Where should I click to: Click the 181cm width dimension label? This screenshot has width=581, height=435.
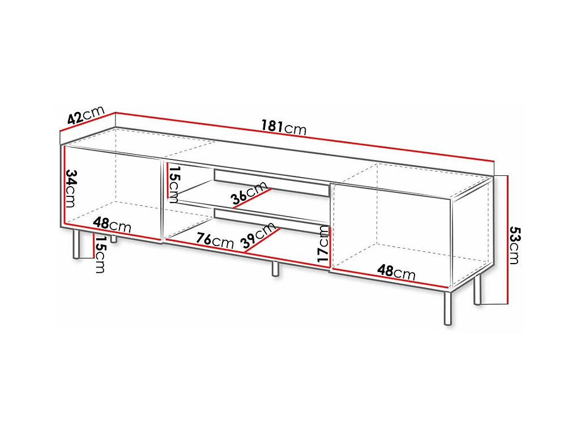tap(283, 127)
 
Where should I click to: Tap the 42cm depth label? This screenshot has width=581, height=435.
tap(86, 116)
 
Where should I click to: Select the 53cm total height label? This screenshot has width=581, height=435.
tap(514, 245)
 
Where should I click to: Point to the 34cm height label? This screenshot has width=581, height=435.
tap(71, 188)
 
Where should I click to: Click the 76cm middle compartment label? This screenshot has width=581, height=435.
tap(215, 240)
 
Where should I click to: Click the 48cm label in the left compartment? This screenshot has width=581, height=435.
tap(112, 225)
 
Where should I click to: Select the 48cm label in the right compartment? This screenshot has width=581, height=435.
tap(396, 272)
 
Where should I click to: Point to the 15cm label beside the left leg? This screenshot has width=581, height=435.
tap(100, 255)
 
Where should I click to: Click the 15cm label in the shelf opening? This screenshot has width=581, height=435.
tap(174, 184)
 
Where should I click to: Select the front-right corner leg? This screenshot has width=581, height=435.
tap(448, 308)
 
